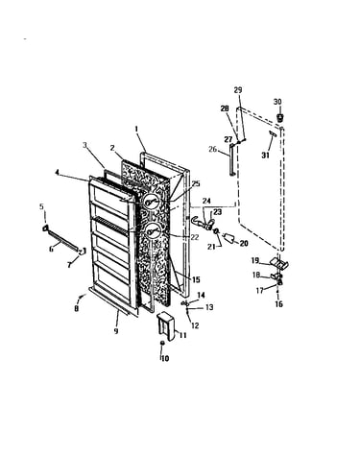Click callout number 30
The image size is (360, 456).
(x=277, y=102)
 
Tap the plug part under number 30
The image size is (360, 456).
(x=279, y=117)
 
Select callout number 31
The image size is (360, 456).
(x=265, y=156)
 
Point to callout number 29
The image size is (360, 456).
(x=238, y=90)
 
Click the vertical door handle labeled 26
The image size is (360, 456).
(x=232, y=159)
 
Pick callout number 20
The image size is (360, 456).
(x=244, y=244)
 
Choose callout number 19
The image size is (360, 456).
(x=254, y=260)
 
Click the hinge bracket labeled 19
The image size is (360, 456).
(x=279, y=263)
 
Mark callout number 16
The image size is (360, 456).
(x=278, y=303)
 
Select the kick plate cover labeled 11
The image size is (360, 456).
(x=165, y=325)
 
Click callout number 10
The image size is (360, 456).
(x=164, y=358)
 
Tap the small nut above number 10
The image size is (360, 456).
(x=162, y=343)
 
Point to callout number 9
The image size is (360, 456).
(x=116, y=330)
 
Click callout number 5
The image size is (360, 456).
(x=41, y=206)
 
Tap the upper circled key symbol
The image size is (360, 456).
(x=150, y=203)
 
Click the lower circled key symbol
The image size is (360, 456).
(x=150, y=231)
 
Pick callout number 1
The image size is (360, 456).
(x=136, y=130)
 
